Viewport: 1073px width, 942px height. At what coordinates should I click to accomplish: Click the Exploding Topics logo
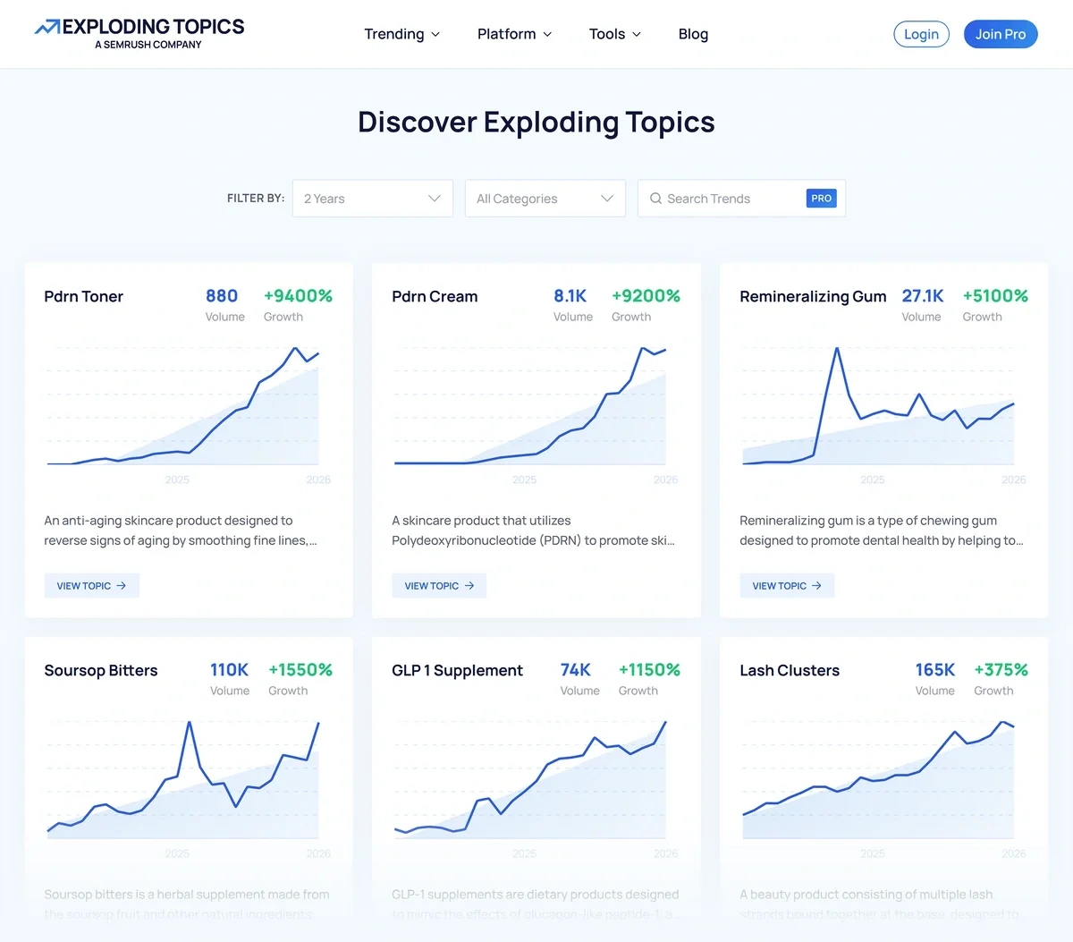[139, 33]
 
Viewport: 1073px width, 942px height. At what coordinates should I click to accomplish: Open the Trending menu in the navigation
[401, 34]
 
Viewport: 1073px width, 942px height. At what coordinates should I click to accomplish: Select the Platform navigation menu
[514, 34]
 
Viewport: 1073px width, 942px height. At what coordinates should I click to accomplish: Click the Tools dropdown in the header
[614, 34]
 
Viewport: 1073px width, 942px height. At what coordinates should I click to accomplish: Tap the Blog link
[693, 34]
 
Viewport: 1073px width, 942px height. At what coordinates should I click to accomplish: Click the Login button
[921, 34]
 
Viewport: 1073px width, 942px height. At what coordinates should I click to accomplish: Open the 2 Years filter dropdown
[372, 199]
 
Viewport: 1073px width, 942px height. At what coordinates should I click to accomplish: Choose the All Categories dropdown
[545, 199]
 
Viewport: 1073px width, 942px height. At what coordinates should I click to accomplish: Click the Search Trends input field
[724, 199]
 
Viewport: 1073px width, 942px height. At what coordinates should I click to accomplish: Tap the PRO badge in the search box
[821, 199]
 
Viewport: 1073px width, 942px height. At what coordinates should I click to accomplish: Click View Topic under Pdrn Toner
[91, 586]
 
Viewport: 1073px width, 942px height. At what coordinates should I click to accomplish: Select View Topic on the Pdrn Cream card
[439, 586]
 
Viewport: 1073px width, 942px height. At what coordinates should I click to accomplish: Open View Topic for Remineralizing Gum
[787, 586]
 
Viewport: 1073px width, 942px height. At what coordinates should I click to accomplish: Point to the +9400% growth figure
[298, 296]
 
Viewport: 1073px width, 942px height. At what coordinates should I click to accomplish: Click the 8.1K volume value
[570, 296]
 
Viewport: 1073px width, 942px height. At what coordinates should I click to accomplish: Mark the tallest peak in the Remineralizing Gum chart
[837, 349]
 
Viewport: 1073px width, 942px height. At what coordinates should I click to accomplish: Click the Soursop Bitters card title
[101, 670]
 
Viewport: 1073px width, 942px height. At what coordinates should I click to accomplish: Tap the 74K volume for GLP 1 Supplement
[575, 670]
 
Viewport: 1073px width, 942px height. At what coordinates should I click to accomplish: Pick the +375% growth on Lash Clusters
[1001, 670]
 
